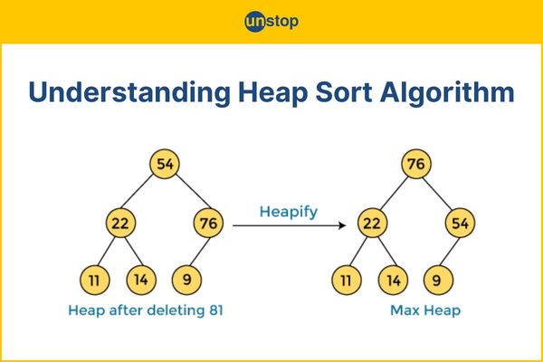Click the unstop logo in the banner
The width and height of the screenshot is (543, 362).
click(x=271, y=22)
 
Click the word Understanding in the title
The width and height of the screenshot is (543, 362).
click(x=129, y=93)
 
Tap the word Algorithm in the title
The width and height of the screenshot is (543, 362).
click(x=447, y=93)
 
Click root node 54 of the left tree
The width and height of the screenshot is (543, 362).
click(x=165, y=164)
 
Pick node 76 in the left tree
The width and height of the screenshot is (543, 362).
click(x=208, y=223)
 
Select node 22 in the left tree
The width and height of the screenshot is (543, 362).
click(x=120, y=223)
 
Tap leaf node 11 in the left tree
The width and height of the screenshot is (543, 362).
click(x=94, y=280)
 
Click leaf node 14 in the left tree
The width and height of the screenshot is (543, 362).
click(x=141, y=280)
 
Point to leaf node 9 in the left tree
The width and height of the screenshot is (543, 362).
click(x=186, y=280)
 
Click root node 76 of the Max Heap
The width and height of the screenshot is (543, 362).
click(x=416, y=164)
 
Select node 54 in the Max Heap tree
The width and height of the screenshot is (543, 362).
click(x=461, y=223)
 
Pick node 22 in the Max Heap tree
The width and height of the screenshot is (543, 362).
click(x=372, y=223)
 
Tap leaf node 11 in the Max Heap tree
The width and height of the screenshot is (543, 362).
click(x=347, y=280)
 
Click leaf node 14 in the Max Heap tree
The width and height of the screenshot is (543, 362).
click(x=393, y=280)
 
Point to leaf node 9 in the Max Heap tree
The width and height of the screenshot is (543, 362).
click(x=438, y=280)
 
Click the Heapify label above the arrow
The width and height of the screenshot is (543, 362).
click(x=289, y=212)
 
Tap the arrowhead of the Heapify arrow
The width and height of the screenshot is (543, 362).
click(x=342, y=225)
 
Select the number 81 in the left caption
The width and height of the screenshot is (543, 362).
click(x=216, y=310)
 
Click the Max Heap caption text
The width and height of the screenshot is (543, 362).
click(x=425, y=310)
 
